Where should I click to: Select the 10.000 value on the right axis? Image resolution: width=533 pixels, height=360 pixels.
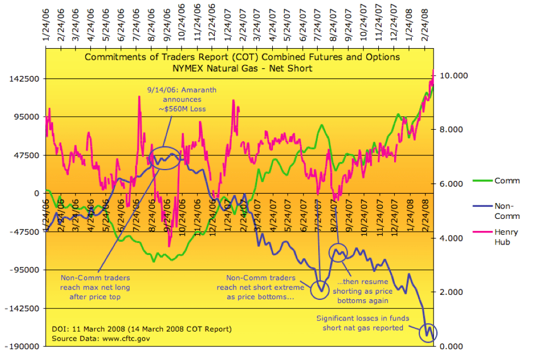tap(452, 76)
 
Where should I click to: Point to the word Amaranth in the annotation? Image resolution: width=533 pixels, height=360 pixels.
tap(187, 91)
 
